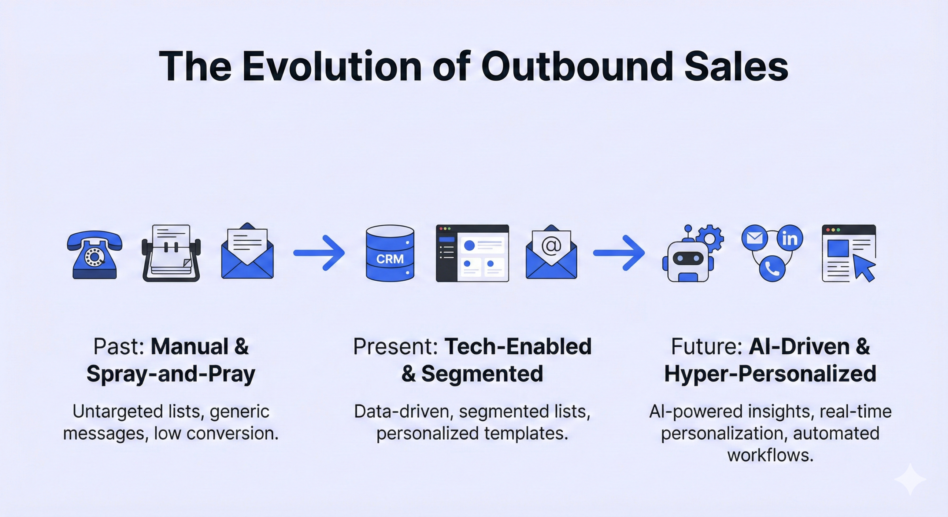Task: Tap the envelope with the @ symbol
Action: (x=551, y=252)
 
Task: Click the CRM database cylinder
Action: (x=390, y=253)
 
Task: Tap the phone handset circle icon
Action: (x=772, y=268)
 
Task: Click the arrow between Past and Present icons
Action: (x=319, y=253)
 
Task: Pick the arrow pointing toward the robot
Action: (x=619, y=253)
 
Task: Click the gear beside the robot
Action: (x=710, y=239)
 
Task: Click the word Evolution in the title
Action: (x=332, y=67)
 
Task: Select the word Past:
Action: (x=119, y=347)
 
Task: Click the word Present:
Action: (x=395, y=347)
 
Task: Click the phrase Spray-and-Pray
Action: (x=171, y=374)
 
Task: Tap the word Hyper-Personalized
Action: (x=770, y=374)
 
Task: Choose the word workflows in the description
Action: (x=770, y=455)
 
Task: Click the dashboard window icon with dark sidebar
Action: (x=472, y=253)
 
